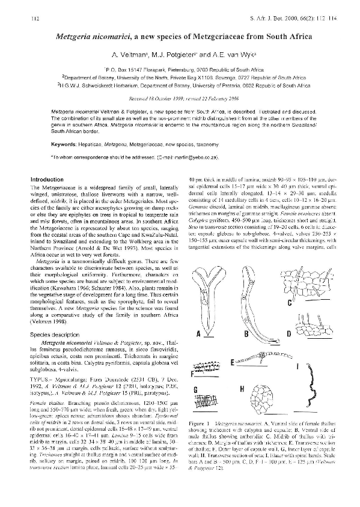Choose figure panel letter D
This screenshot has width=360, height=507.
pyautogui.click(x=288, y=333)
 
